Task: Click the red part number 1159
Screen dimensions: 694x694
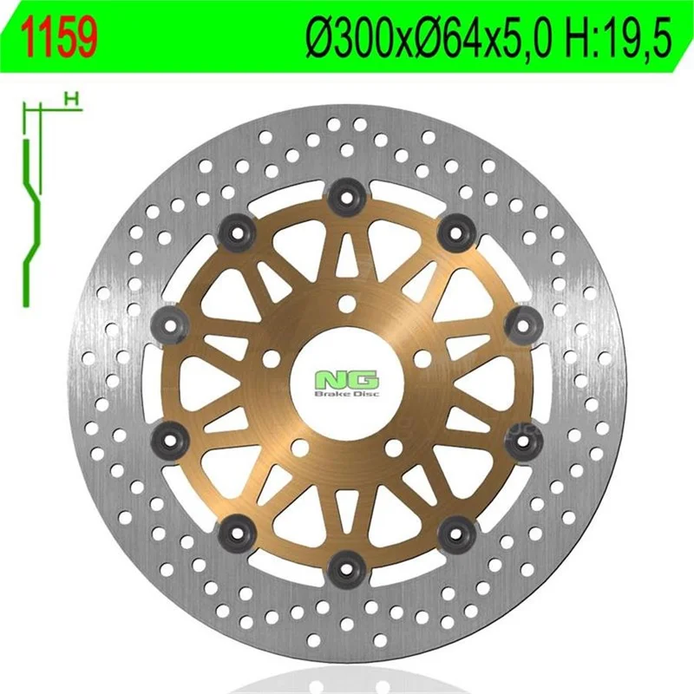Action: pos(61,37)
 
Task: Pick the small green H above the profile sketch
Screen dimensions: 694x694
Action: pos(72,100)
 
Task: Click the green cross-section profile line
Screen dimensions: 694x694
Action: pos(31,223)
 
